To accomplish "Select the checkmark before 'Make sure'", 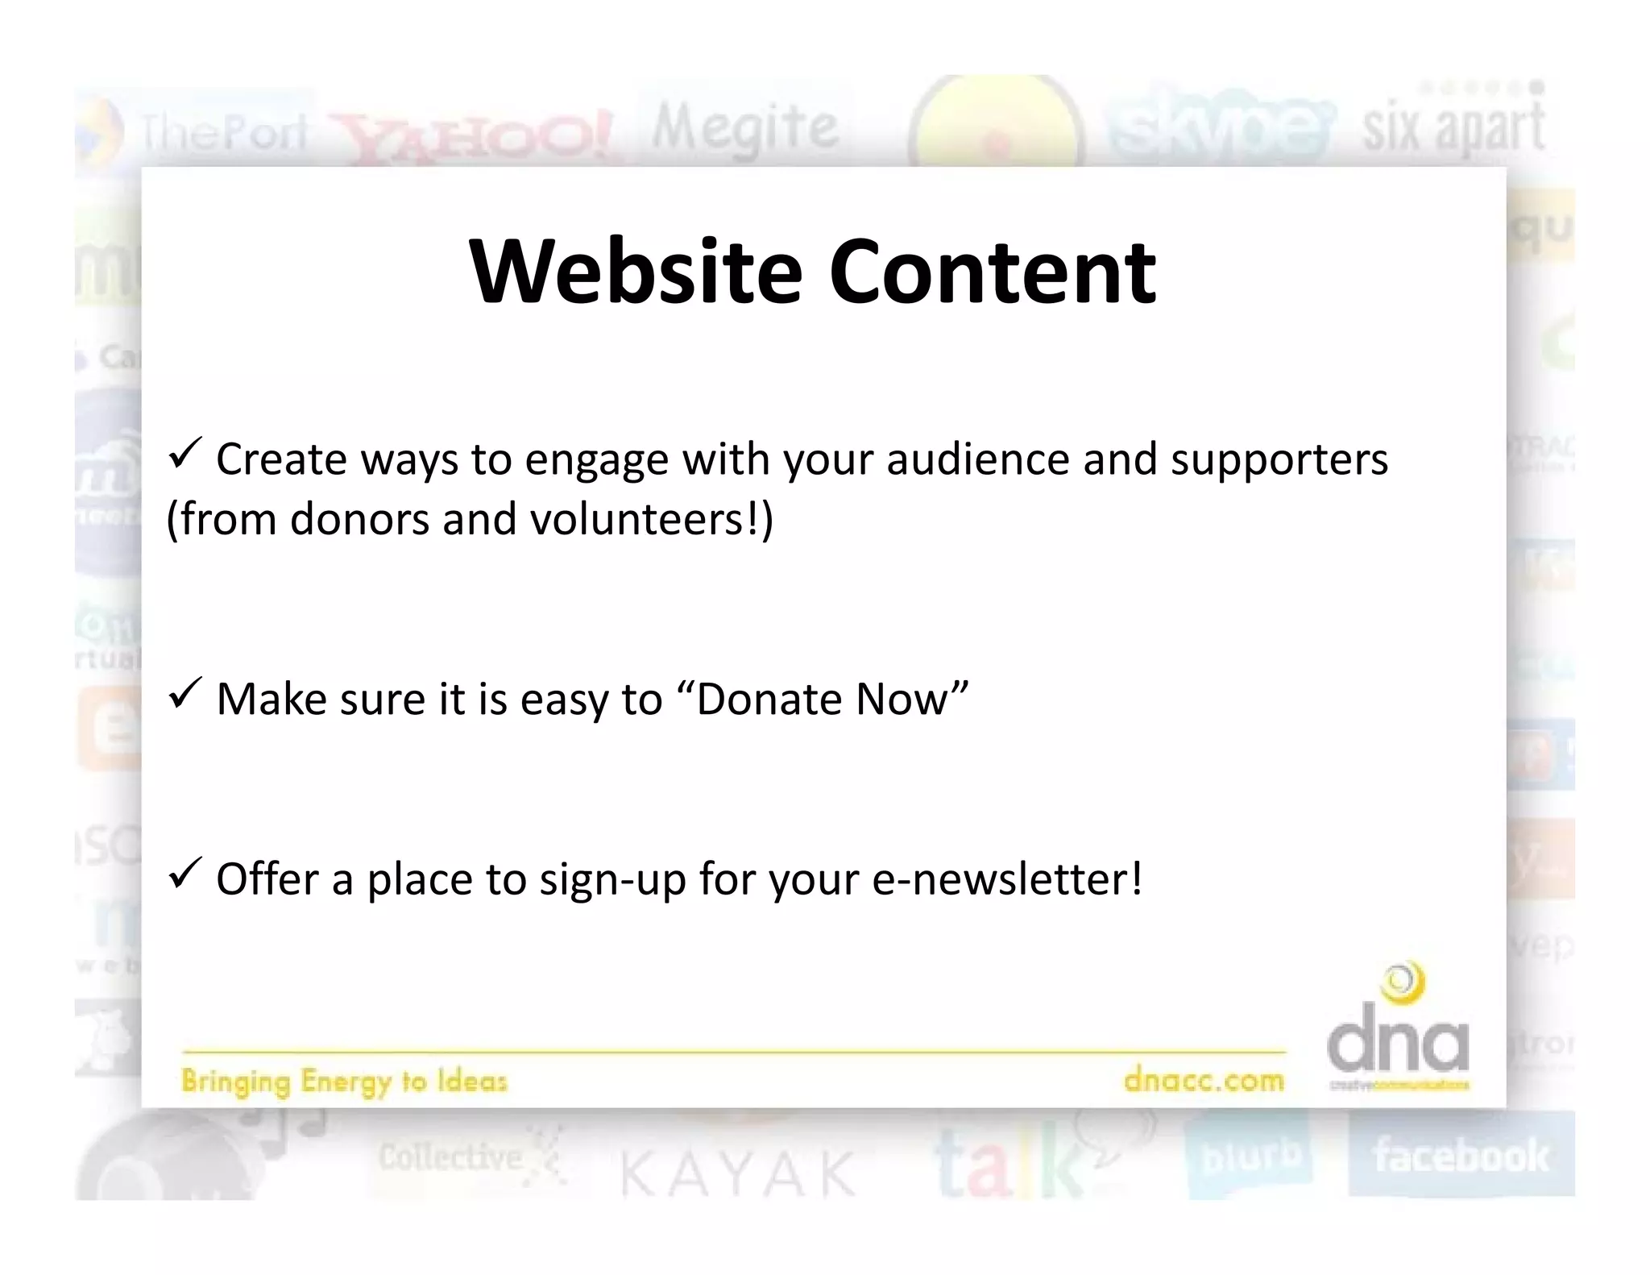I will pos(184,694).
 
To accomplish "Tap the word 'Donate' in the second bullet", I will pos(769,699).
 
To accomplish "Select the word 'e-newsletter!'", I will pos(1007,878).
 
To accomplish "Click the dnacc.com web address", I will pos(1204,1079).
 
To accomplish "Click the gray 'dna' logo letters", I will pos(1398,1043).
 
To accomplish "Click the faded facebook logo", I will pos(1461,1156).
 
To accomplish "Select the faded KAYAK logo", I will pos(737,1173).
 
